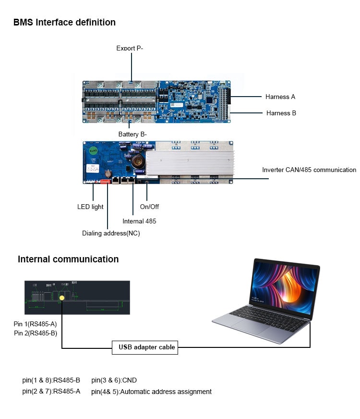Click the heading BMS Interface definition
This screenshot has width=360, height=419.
[x=64, y=22]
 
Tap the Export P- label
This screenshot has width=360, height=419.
[x=130, y=48]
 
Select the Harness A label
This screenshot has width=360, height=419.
[x=280, y=97]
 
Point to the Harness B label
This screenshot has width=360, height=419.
[x=281, y=113]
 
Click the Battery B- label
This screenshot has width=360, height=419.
[x=132, y=134]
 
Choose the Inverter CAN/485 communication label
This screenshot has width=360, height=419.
[x=309, y=170]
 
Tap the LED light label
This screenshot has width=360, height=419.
[x=90, y=207]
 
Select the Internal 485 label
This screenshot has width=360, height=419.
[x=139, y=221]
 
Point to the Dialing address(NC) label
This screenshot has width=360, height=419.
[x=111, y=233]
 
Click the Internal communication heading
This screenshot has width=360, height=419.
[x=68, y=259]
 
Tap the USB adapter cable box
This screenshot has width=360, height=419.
[x=144, y=347]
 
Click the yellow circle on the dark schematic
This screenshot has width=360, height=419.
[x=62, y=298]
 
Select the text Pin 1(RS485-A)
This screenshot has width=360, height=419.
[x=36, y=324]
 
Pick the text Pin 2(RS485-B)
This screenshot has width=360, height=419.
[x=36, y=332]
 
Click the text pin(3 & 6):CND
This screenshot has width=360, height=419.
[x=114, y=380]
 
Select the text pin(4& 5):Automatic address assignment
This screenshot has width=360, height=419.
[x=151, y=392]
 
